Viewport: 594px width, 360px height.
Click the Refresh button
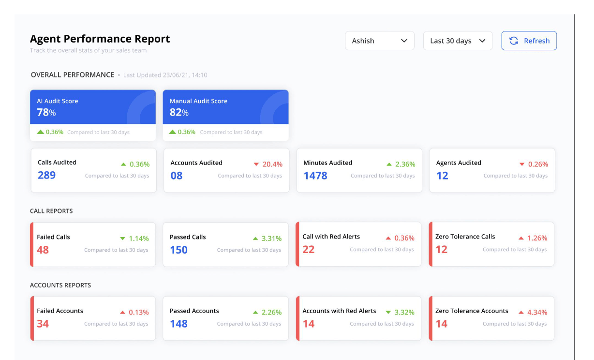click(x=529, y=41)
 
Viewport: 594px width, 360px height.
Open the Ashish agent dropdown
click(x=379, y=41)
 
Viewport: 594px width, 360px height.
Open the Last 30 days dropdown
click(x=457, y=41)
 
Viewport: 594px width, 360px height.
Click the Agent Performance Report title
click(x=100, y=39)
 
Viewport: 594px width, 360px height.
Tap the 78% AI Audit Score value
click(x=46, y=112)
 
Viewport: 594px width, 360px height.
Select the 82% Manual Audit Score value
click(x=179, y=112)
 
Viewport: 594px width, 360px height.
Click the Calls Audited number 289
click(x=46, y=175)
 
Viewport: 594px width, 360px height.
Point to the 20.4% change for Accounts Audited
click(x=272, y=165)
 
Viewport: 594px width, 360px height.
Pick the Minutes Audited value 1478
click(x=315, y=176)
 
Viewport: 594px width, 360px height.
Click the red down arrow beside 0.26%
click(x=521, y=165)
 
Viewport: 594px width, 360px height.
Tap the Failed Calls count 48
click(x=43, y=250)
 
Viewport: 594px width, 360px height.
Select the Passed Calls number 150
click(x=178, y=250)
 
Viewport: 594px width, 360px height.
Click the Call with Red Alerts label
click(x=331, y=237)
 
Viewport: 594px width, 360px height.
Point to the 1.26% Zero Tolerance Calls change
click(x=537, y=238)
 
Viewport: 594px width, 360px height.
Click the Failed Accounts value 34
click(x=43, y=324)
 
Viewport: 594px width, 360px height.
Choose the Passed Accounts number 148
click(x=178, y=324)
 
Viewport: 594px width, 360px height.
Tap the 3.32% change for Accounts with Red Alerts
click(x=404, y=312)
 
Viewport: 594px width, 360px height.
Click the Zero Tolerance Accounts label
click(x=472, y=311)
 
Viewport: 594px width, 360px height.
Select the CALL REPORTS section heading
click(x=51, y=211)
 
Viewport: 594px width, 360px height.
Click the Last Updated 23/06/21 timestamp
click(x=165, y=75)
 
